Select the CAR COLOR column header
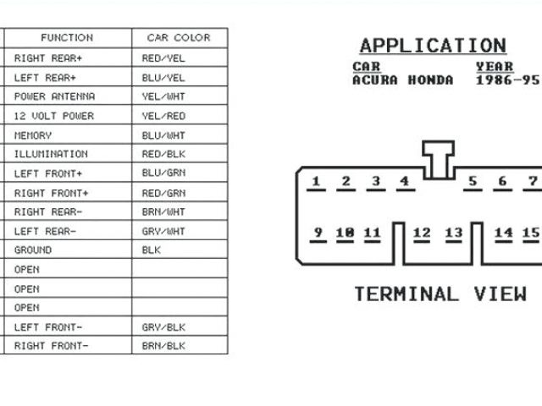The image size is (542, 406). [x=178, y=38]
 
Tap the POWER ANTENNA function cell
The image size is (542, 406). [x=54, y=96]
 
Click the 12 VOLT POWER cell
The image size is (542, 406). [x=54, y=116]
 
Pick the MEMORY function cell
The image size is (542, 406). [x=33, y=135]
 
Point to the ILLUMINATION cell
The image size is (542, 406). [x=51, y=154]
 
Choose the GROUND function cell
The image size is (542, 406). [x=33, y=250]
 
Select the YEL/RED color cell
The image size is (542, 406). [x=164, y=116]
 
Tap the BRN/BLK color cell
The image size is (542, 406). [x=164, y=346]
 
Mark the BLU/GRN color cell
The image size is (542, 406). [x=164, y=173]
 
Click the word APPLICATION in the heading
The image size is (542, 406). [x=432, y=46]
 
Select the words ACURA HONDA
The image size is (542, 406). [x=402, y=80]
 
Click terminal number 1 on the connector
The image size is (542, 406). [x=316, y=181]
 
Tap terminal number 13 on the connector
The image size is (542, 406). [x=454, y=233]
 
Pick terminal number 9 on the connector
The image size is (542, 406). [x=318, y=233]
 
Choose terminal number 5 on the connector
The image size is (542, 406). [x=473, y=181]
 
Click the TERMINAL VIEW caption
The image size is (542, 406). [x=440, y=294]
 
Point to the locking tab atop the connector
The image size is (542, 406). [x=438, y=158]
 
